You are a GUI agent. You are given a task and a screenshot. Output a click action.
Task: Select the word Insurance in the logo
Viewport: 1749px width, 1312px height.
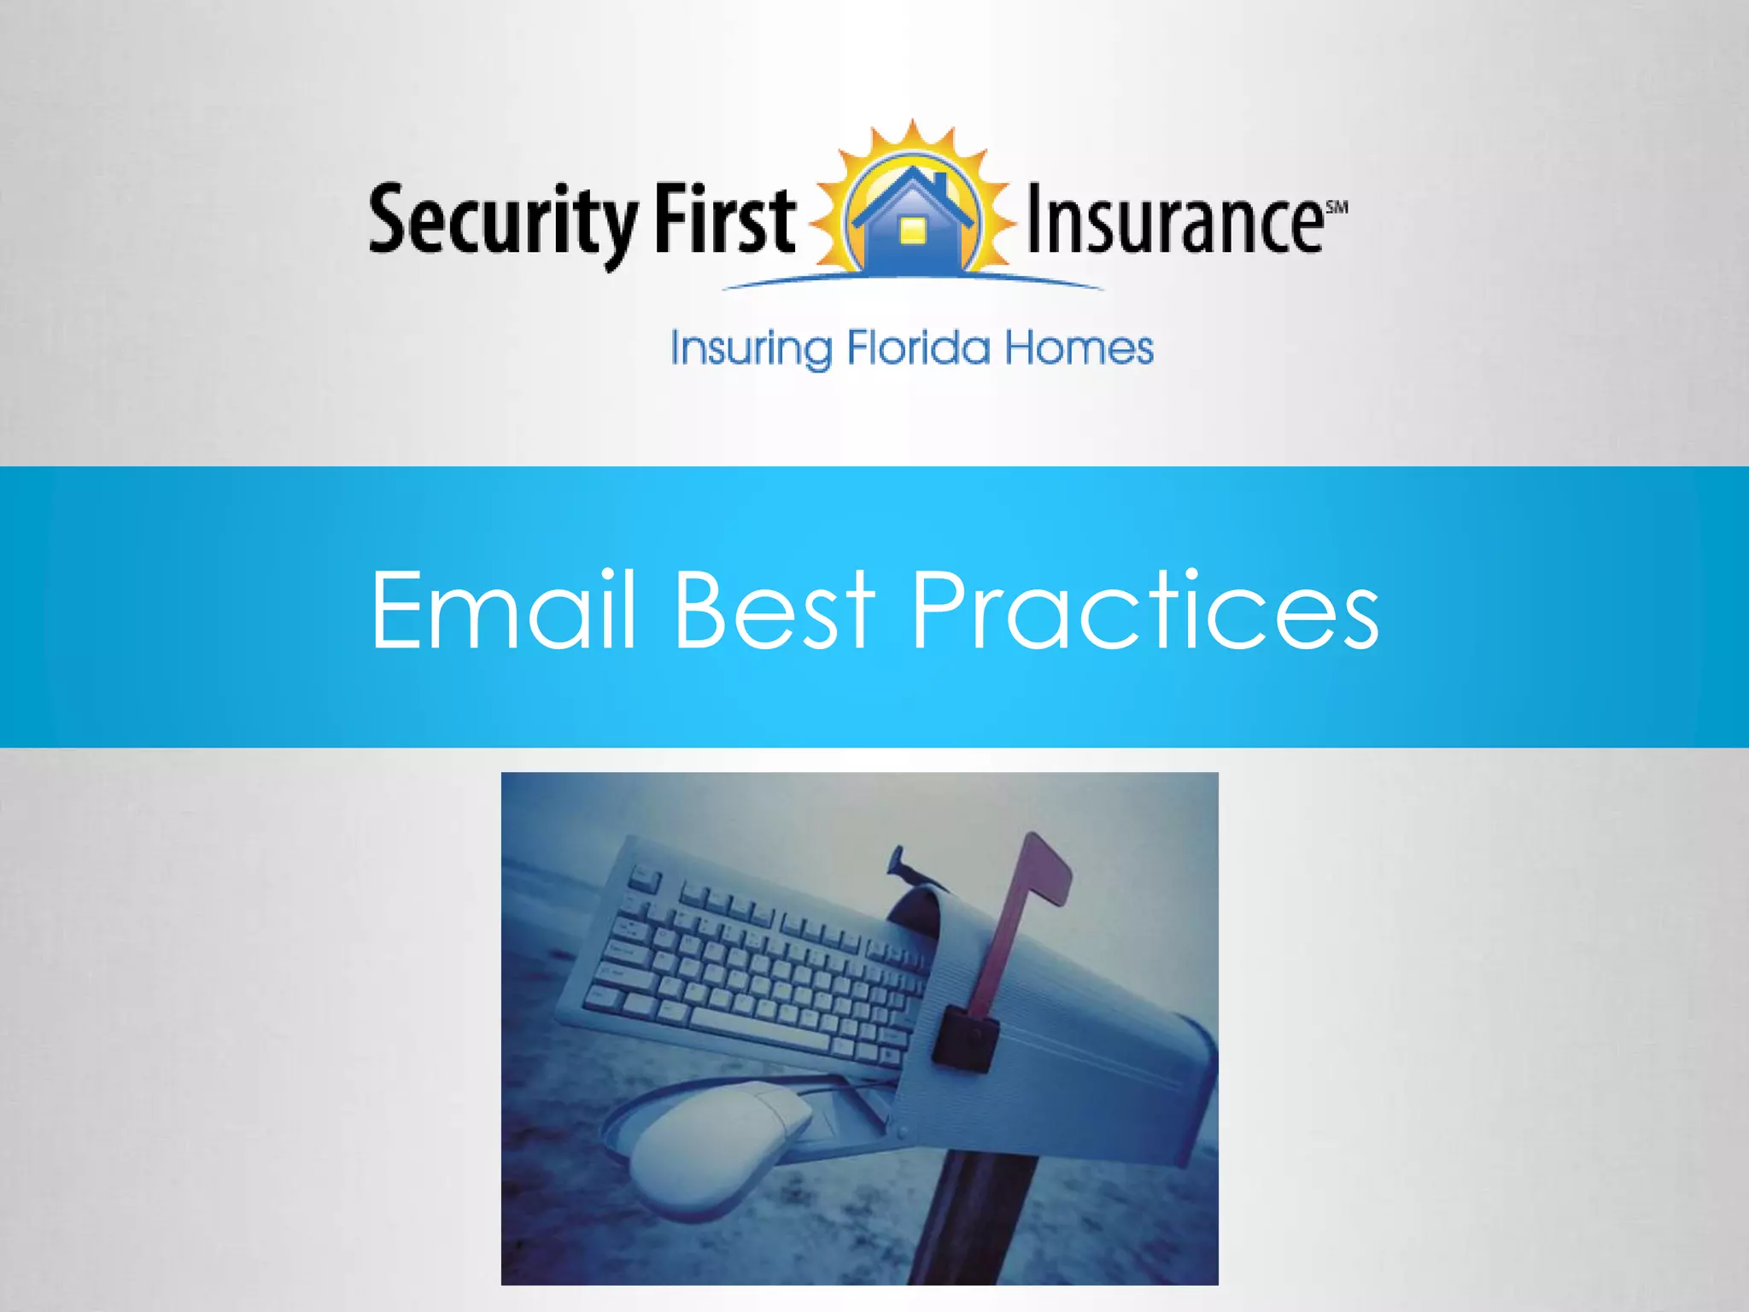coord(1173,220)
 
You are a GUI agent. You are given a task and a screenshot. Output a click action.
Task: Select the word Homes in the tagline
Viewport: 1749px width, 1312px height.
coord(1078,348)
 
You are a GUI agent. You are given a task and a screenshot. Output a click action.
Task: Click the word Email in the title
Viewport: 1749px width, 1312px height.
coord(504,610)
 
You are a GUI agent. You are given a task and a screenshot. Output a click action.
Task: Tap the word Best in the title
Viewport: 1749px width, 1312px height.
coord(774,610)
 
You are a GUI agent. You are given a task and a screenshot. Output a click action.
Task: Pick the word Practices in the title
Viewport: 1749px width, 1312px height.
coord(1144,610)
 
